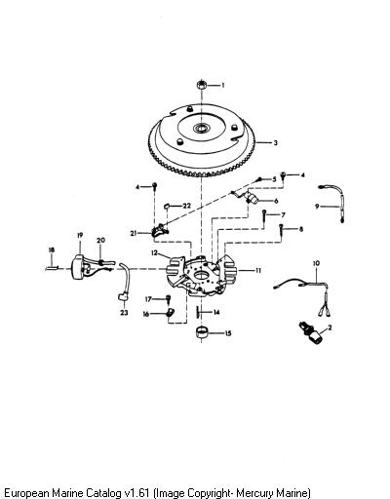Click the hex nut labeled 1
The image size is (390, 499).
click(202, 85)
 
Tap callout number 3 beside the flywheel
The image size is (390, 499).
click(275, 142)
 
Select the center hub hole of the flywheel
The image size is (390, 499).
click(199, 128)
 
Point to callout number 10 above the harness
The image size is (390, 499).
click(316, 263)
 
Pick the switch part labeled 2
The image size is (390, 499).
click(312, 333)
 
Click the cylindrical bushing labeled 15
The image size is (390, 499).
click(202, 333)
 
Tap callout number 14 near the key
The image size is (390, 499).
click(216, 312)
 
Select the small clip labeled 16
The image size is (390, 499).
click(170, 313)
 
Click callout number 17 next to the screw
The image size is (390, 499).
click(148, 299)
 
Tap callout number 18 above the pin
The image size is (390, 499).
click(52, 249)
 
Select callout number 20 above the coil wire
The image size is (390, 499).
click(101, 240)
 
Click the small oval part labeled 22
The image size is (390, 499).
click(167, 206)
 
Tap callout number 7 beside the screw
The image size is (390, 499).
click(283, 214)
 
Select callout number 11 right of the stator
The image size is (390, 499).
click(258, 270)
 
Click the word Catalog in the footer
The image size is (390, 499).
click(102, 492)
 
